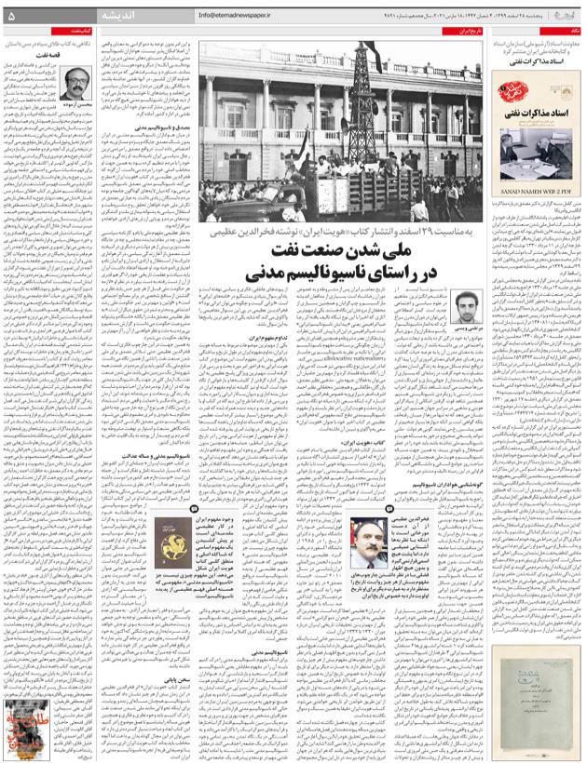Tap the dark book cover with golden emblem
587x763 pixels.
pyautogui.click(x=173, y=539)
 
